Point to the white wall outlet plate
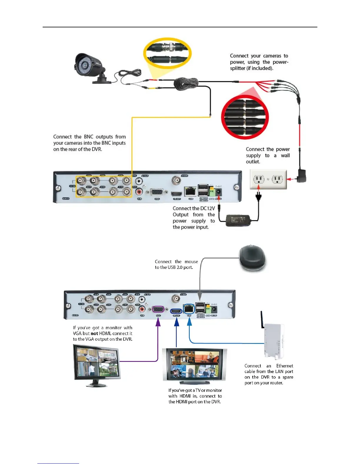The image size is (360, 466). tap(268, 179)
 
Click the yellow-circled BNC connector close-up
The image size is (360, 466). tap(167, 53)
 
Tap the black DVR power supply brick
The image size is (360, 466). tap(238, 220)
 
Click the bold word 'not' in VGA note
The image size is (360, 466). tap(94, 333)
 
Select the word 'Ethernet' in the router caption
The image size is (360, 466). tap(284, 366)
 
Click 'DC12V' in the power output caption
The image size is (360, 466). tap(207, 208)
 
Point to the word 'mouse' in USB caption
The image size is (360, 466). tap(191, 262)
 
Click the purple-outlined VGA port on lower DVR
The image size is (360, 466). tap(158, 310)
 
